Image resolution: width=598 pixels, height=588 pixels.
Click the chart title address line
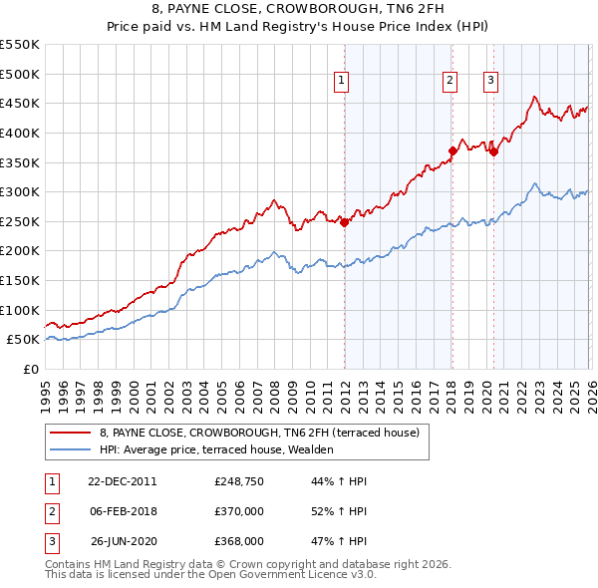pyautogui.click(x=299, y=11)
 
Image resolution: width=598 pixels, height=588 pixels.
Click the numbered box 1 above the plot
pyautogui.click(x=341, y=82)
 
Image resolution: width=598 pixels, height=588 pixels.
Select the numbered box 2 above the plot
pyautogui.click(x=449, y=82)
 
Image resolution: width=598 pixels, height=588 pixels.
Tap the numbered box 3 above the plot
pyautogui.click(x=491, y=82)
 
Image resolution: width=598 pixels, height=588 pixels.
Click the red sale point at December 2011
pyautogui.click(x=345, y=222)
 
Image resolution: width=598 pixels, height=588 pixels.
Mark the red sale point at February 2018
pyautogui.click(x=452, y=150)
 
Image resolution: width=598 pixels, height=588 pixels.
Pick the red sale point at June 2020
pyautogui.click(x=494, y=151)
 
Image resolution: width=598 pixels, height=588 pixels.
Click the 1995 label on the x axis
pyautogui.click(x=46, y=390)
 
